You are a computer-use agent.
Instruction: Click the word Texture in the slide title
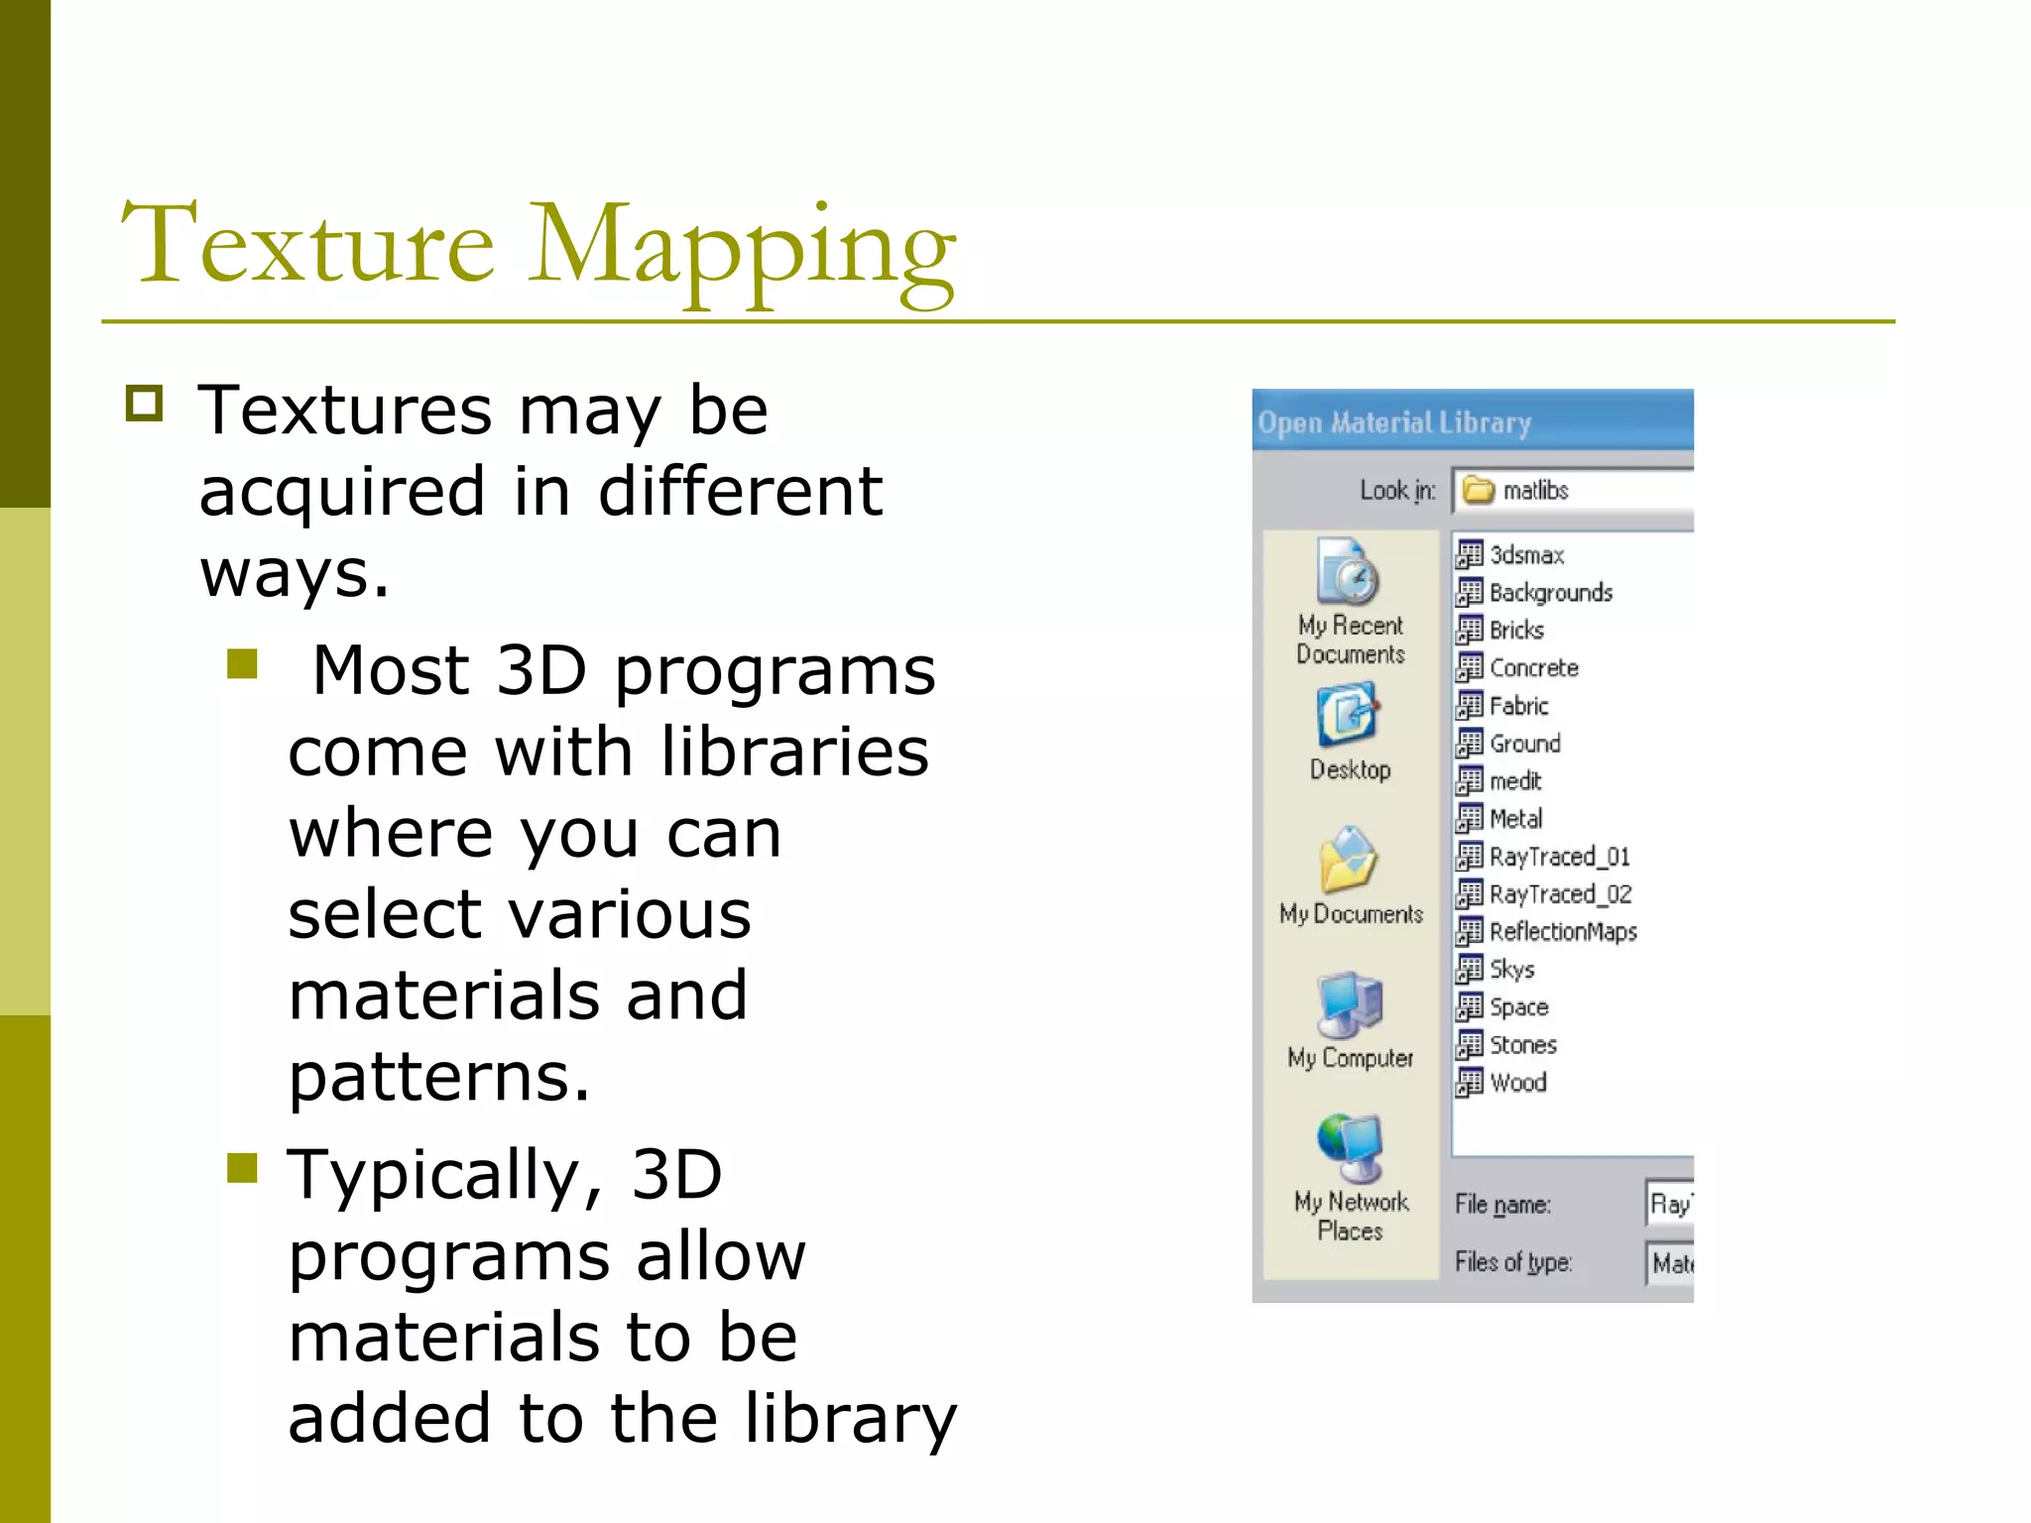pos(307,244)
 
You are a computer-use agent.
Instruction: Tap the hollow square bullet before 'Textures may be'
pos(145,404)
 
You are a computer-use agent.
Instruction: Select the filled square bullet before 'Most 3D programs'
pos(242,663)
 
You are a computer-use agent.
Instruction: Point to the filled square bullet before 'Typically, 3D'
pos(242,1167)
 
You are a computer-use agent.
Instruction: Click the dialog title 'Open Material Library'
pos(1394,422)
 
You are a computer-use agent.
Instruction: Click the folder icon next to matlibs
pos(1479,490)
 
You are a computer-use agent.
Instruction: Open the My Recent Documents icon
pos(1348,571)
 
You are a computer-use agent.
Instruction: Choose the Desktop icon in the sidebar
pos(1348,715)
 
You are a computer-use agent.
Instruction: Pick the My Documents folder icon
pos(1348,859)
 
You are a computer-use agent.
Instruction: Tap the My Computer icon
pos(1350,1003)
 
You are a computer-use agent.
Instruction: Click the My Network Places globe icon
pos(1350,1147)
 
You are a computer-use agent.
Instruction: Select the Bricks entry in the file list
pos(1516,631)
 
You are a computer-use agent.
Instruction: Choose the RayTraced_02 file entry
pos(1560,894)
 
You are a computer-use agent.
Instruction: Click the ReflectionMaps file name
pos(1563,932)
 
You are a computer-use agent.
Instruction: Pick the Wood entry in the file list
pos(1517,1083)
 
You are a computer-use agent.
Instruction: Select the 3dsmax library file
pos(1526,555)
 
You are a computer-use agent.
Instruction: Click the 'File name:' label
pos(1502,1205)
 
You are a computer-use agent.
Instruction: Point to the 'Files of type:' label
pos(1512,1262)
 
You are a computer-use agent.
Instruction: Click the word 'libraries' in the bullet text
pos(795,752)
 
